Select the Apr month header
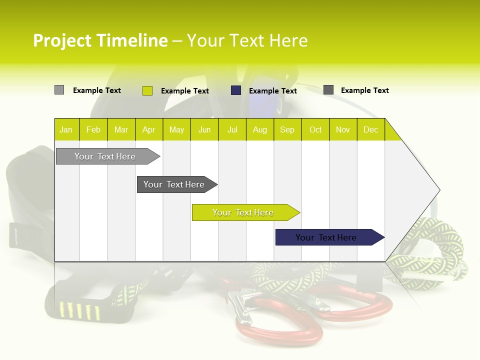click(149, 129)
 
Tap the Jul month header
click(232, 129)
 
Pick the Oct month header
click(315, 129)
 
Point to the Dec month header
click(371, 129)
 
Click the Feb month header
click(93, 129)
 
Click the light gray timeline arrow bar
click(108, 156)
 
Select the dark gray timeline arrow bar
click(177, 184)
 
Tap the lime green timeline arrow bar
click(246, 212)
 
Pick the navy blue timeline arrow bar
click(330, 237)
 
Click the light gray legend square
click(59, 89)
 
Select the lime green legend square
click(147, 90)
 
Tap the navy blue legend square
click(236, 90)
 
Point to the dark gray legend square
click(328, 89)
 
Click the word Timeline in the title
click(133, 40)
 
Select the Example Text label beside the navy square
click(273, 91)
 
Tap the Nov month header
click(343, 129)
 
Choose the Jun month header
click(204, 129)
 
